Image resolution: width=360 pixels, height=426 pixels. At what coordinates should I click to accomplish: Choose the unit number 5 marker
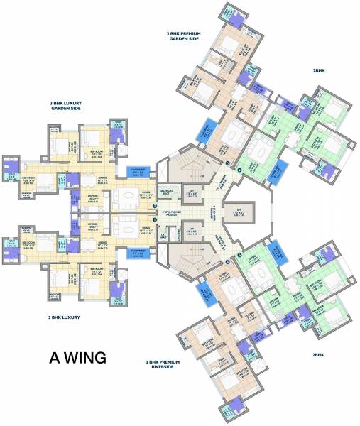coord(239,256)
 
